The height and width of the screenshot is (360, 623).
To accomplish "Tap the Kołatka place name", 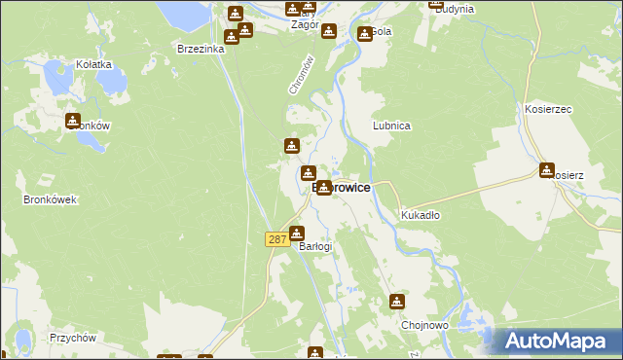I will tap(94, 64).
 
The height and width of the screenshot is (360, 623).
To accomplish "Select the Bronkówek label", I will tap(50, 199).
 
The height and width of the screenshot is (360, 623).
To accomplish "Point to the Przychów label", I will tap(71, 338).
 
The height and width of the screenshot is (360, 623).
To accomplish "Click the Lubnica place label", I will tap(391, 126).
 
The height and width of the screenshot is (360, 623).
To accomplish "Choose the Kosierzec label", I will tap(545, 110).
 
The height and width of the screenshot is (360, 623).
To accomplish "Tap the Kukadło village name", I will tap(421, 215).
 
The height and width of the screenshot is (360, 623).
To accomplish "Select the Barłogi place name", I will tap(315, 246).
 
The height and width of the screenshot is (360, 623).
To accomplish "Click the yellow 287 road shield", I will tap(276, 238).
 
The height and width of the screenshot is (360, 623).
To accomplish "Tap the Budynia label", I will tap(454, 9).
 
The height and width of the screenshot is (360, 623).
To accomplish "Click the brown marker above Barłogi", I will tap(297, 233).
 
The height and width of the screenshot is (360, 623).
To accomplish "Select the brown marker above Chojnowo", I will tap(397, 301).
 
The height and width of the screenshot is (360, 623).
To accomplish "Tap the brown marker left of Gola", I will tap(361, 32).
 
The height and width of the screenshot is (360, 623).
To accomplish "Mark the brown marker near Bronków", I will tap(73, 121).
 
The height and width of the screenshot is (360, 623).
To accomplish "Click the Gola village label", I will tap(381, 31).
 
